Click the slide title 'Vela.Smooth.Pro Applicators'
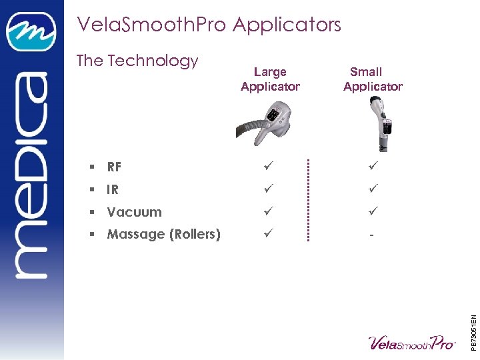pos(209,25)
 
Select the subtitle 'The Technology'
pos(137,61)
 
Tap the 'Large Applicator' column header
pos(270,79)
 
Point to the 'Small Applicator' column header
pos(372,79)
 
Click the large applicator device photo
pos(265,120)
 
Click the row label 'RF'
pos(114,167)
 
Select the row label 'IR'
pos(113,190)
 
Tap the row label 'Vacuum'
pos(134,213)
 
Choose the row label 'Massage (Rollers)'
pos(163,235)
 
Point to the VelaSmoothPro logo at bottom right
pos(412,341)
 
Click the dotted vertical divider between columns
pos(308,199)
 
